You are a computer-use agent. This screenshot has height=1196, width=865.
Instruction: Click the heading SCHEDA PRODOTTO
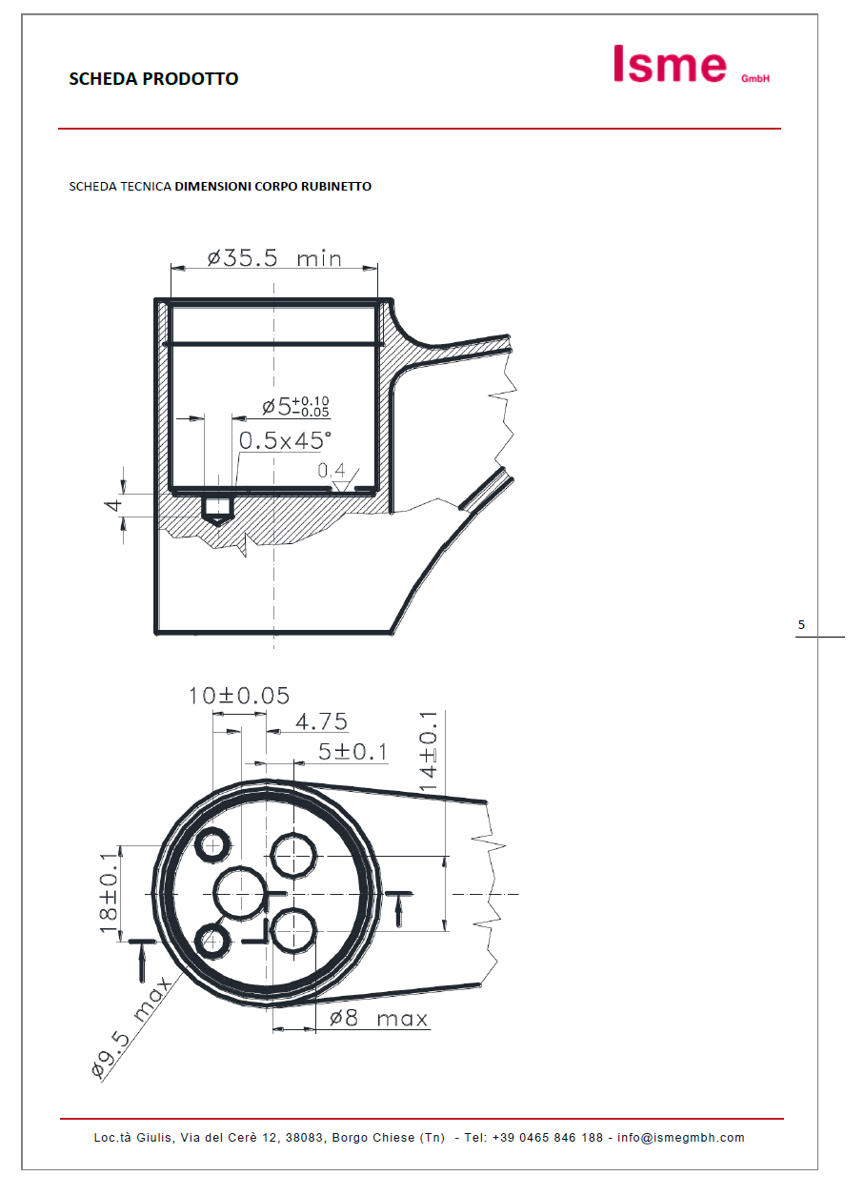[x=153, y=79]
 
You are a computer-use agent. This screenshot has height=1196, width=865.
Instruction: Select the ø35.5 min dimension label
[x=274, y=258]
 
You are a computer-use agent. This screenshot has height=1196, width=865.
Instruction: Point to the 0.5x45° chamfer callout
[x=285, y=440]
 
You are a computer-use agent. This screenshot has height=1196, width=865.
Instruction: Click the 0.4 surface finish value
[x=332, y=470]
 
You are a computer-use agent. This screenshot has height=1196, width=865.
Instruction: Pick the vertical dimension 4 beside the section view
[x=113, y=505]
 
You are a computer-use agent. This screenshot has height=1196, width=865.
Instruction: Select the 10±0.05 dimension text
[x=238, y=696]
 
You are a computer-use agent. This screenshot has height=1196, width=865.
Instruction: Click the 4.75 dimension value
[x=321, y=722]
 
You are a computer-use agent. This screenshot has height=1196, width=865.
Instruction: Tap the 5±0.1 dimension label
[x=352, y=753]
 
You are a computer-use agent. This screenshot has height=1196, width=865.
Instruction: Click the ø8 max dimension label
[x=378, y=1019]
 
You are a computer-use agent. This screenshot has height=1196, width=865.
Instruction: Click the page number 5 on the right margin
[x=801, y=625]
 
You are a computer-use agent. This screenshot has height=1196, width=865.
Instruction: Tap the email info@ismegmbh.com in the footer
[x=680, y=1138]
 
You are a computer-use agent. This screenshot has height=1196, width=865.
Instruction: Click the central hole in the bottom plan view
[x=238, y=893]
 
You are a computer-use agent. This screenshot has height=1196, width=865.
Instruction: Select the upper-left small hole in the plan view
[x=212, y=844]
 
